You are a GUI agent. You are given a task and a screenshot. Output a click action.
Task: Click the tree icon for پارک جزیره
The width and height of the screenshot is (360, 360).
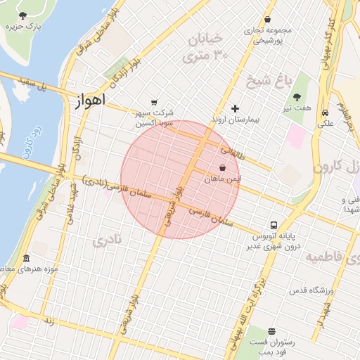click(23, 15)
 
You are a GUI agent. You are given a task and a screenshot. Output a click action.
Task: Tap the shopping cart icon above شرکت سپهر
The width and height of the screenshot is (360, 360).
click(154, 102)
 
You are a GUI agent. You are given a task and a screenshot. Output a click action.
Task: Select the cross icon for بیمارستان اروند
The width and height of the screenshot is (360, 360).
click(235, 108)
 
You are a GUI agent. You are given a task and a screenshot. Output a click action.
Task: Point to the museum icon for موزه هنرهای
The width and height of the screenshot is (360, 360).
click(26, 258)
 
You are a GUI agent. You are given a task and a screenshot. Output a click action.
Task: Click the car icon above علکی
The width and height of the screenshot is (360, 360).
click(325, 112)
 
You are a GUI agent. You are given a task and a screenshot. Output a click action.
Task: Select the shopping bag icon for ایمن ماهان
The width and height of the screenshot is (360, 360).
click(223, 168)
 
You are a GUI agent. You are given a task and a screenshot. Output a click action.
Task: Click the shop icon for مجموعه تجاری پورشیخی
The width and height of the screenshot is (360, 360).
click(267, 20)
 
